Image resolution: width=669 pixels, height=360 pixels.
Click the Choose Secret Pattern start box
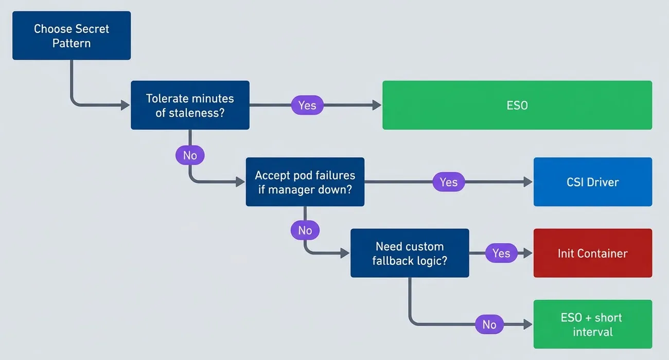pyautogui.click(x=72, y=35)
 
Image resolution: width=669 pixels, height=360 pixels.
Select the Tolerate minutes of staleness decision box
pyautogui.click(x=190, y=105)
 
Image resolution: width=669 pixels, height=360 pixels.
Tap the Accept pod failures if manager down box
pyautogui.click(x=305, y=182)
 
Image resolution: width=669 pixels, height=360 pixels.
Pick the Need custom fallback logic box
pyautogui.click(x=410, y=253)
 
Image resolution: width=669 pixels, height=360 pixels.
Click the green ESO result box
pyautogui.click(x=517, y=105)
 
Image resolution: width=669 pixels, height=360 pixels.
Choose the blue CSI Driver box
pyautogui.click(x=592, y=182)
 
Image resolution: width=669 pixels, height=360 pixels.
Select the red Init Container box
pyautogui.click(x=592, y=253)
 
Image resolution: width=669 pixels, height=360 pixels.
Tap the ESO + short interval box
pyautogui.click(x=592, y=325)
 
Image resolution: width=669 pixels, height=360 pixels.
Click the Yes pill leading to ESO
pyautogui.click(x=307, y=105)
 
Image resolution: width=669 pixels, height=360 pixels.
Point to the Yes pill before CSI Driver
pyautogui.click(x=448, y=182)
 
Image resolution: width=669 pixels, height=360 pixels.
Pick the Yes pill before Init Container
pyautogui.click(x=501, y=253)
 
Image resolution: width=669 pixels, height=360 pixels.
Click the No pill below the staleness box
pyautogui.click(x=190, y=155)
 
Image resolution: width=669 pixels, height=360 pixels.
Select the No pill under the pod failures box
pyautogui.click(x=305, y=230)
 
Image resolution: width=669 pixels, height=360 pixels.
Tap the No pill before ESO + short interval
pyautogui.click(x=489, y=325)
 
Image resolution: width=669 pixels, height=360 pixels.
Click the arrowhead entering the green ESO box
pyautogui.click(x=377, y=105)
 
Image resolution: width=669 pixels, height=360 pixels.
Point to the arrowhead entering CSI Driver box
pyautogui.click(x=528, y=182)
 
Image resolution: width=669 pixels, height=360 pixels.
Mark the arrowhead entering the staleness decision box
pyautogui.click(x=126, y=105)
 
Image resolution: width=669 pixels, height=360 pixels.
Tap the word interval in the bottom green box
pyautogui.click(x=592, y=332)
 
